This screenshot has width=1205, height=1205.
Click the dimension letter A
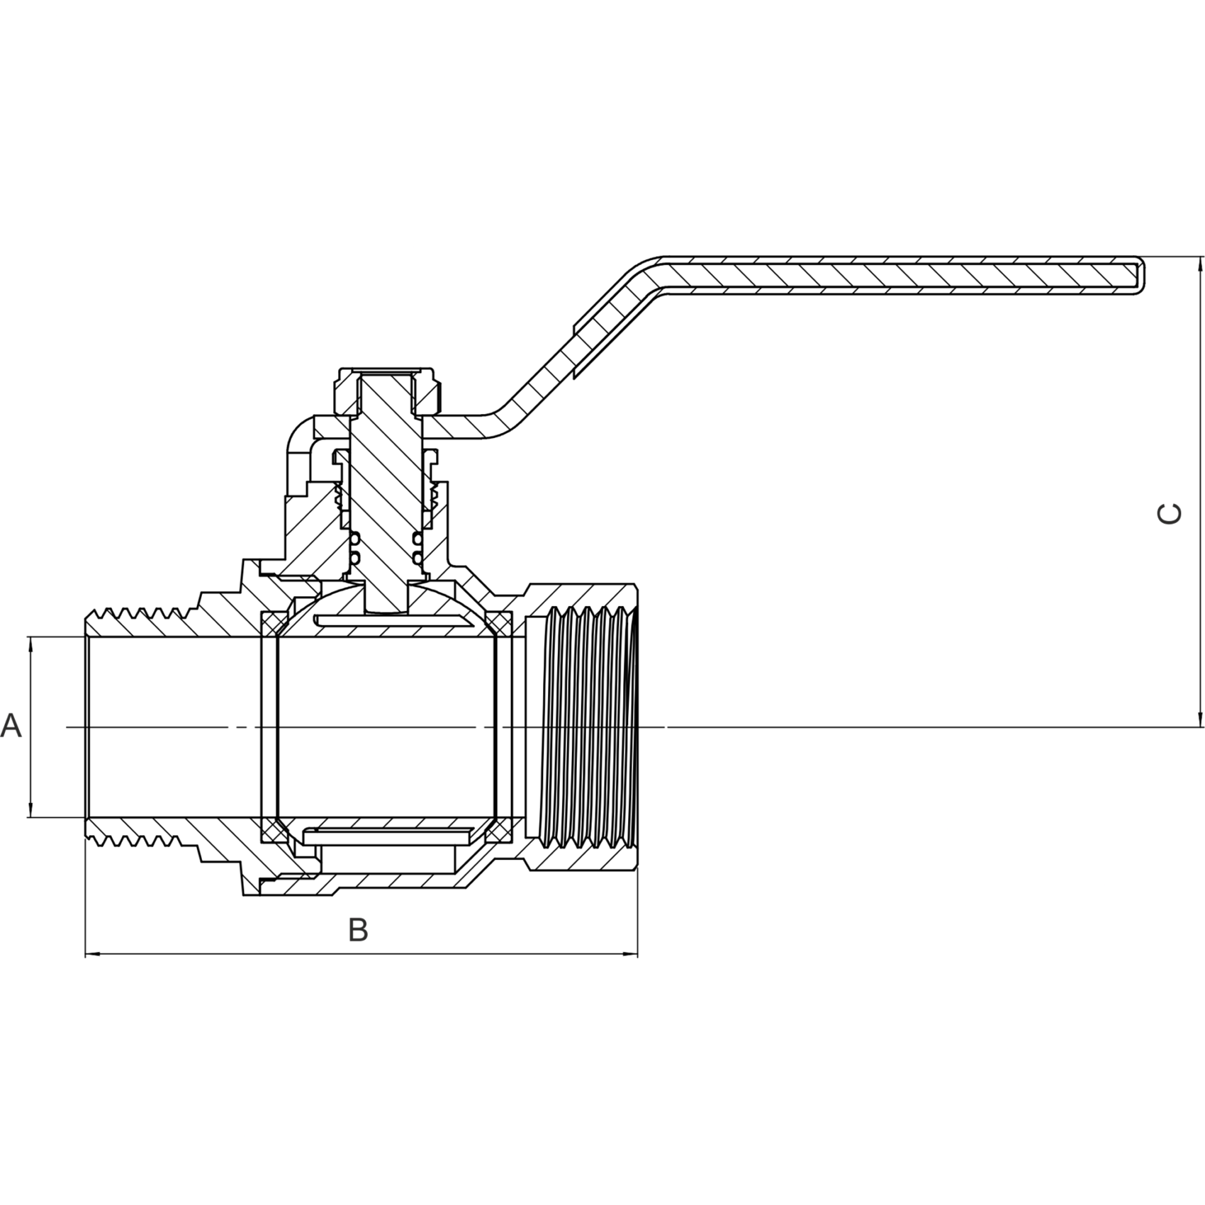(x=11, y=726)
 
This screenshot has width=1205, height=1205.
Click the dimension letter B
(x=359, y=930)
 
